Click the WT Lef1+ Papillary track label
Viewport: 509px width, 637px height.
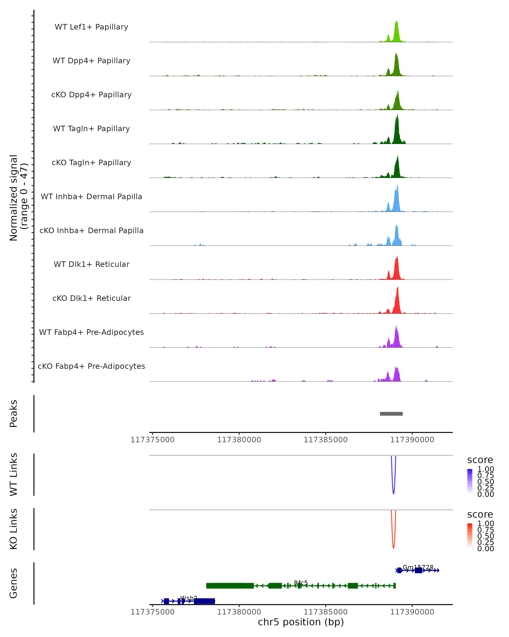pos(91,27)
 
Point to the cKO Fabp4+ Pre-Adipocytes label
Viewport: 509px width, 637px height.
pos(91,366)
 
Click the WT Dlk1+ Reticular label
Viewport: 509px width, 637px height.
pos(91,264)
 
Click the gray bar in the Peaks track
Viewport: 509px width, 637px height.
pos(391,414)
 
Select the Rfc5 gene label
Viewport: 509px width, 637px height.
pos(301,583)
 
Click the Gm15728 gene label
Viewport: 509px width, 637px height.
pos(418,567)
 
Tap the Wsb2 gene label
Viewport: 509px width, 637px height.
pos(189,598)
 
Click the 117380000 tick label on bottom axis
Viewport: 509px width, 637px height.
pos(239,612)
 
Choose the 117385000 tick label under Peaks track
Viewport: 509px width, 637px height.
pos(326,440)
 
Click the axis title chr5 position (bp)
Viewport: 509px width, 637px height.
pos(301,622)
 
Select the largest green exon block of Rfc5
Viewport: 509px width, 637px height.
pos(230,586)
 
